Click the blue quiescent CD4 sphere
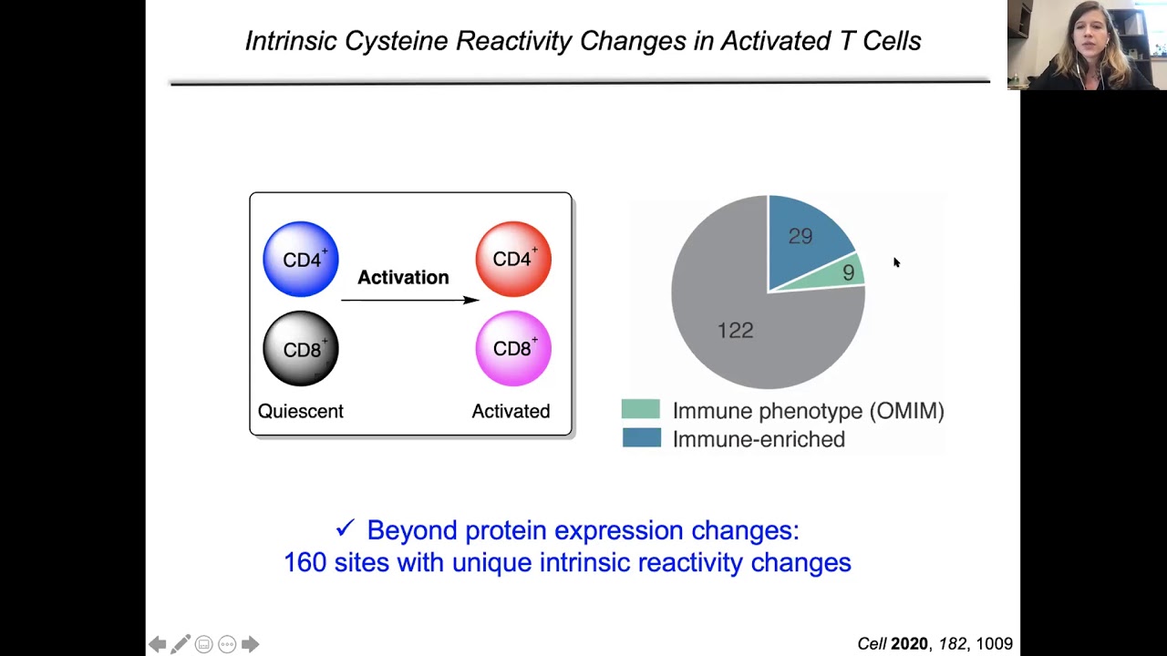tap(301, 260)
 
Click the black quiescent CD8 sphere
tap(301, 349)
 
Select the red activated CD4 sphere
tap(513, 260)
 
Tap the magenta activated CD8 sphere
tap(513, 349)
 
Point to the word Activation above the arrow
tap(403, 277)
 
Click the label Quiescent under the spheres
tap(300, 411)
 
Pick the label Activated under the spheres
tap(511, 411)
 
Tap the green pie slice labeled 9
tap(847, 272)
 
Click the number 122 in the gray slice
tap(735, 330)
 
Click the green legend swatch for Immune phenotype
tap(641, 410)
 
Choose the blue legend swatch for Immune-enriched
tap(641, 438)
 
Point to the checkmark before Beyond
tap(345, 528)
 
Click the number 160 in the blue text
tap(305, 562)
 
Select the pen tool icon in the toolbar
tap(181, 644)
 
